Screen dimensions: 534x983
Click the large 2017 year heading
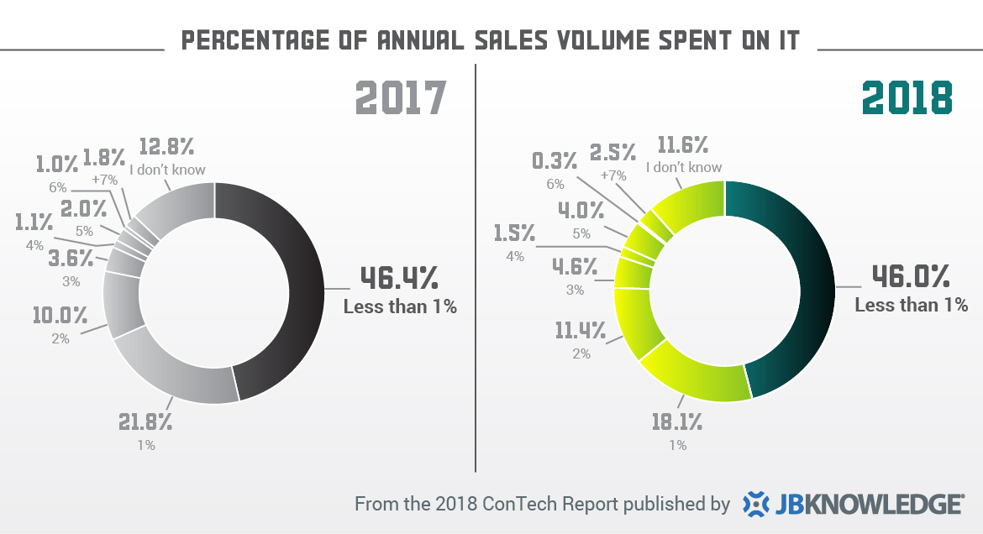tap(400, 97)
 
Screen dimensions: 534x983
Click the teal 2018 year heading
tap(908, 97)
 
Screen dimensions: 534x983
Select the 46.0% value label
tap(909, 276)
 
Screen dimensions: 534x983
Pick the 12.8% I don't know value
tap(166, 146)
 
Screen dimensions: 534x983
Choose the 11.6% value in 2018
tap(683, 144)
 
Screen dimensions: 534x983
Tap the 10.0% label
tap(60, 316)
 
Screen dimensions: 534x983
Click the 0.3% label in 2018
tap(555, 160)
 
